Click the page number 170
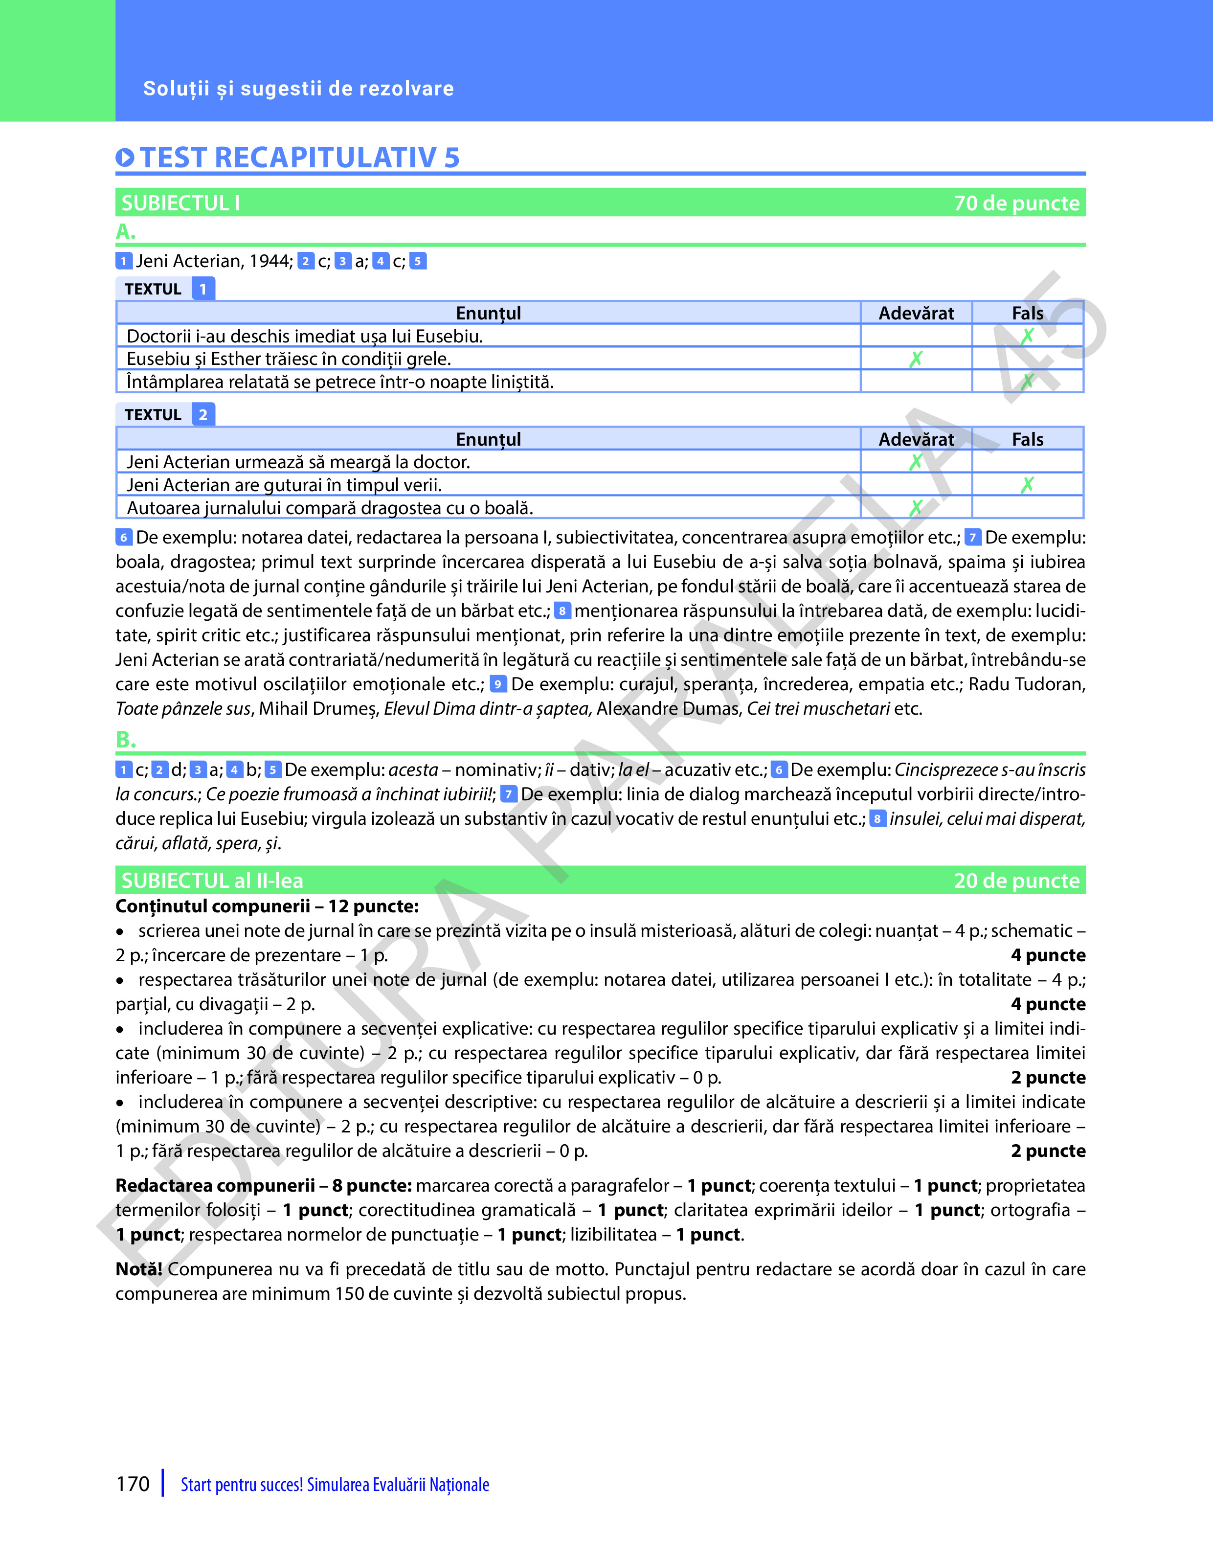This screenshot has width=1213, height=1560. (x=133, y=1484)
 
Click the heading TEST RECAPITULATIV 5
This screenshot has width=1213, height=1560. (x=299, y=158)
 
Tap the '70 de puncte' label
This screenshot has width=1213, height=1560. (x=1016, y=203)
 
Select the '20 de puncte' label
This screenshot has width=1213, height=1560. (x=1016, y=881)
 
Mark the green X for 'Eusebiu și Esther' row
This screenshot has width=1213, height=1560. (x=916, y=359)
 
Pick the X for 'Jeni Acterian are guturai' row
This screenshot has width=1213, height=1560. (x=1027, y=485)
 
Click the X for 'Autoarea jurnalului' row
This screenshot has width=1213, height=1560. (x=916, y=508)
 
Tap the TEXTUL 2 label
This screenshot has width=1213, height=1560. (x=165, y=415)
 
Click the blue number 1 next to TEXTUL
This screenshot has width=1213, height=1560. (x=203, y=289)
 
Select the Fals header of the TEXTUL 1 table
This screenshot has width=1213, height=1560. (x=1027, y=313)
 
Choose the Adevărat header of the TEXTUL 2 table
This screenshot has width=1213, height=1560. (x=916, y=439)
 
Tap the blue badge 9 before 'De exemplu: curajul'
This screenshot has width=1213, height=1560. (x=498, y=684)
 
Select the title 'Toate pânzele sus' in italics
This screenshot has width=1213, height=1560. (x=183, y=708)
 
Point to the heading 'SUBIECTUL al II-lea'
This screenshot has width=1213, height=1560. (x=212, y=881)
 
